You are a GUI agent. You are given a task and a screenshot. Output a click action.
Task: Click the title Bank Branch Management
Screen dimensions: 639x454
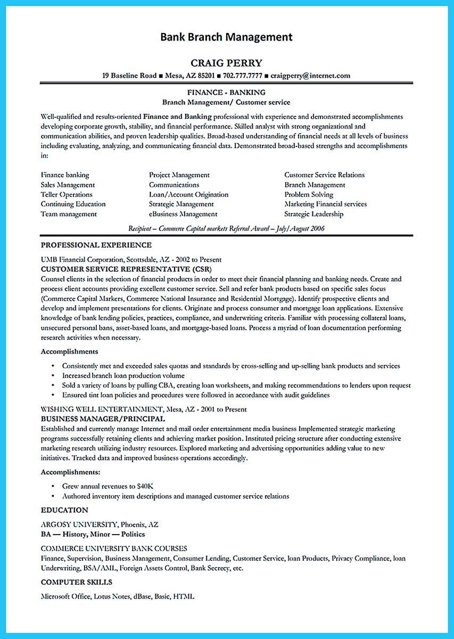[x=226, y=37]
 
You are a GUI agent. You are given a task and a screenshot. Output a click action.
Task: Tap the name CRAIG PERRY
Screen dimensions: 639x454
[x=226, y=63]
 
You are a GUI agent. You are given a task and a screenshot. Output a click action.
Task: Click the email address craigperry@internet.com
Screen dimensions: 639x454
[x=310, y=76]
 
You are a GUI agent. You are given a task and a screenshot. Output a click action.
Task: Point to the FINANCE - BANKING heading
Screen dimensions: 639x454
[x=226, y=92]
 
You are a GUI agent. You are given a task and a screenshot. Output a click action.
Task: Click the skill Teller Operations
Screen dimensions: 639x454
[x=67, y=194]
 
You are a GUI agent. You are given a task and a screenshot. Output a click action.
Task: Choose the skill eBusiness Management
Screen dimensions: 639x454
[x=183, y=214]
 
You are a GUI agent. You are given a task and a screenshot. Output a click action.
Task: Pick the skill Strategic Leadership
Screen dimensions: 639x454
[x=313, y=214]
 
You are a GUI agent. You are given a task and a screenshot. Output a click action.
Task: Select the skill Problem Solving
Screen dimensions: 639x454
[x=309, y=194]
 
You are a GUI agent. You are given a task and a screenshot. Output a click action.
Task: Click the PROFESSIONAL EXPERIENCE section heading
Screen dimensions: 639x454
[x=96, y=245]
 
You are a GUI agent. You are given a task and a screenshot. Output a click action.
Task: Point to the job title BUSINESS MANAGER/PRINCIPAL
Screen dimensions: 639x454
[x=103, y=419]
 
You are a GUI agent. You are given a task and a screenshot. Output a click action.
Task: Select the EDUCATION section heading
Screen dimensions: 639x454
[x=64, y=510]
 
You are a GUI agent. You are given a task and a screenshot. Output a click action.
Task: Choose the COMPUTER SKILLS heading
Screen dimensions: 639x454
[x=77, y=582]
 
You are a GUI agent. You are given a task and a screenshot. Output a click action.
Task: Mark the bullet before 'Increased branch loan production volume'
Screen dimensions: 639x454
[x=53, y=376]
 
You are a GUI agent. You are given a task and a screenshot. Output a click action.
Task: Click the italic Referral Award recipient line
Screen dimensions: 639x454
[x=226, y=228]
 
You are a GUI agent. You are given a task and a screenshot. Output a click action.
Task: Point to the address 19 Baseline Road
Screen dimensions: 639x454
[x=128, y=76]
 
